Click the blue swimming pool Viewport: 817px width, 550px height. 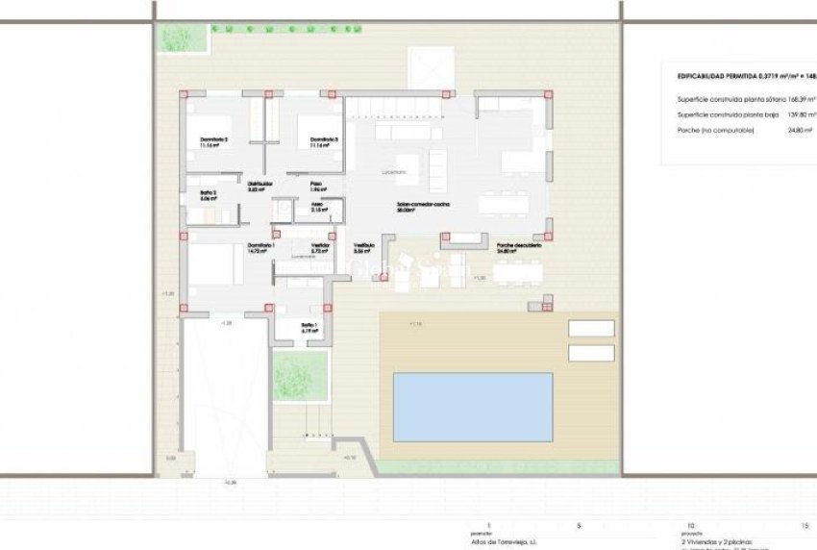pyautogui.click(x=472, y=407)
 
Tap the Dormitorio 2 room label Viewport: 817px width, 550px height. pyautogui.click(x=214, y=141)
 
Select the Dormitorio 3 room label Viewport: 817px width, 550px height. pyautogui.click(x=325, y=141)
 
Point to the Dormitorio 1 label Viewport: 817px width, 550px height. pyautogui.click(x=261, y=246)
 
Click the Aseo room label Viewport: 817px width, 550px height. pyautogui.click(x=316, y=205)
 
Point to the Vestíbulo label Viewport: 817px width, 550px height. pyautogui.click(x=364, y=247)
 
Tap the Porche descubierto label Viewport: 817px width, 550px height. pyautogui.click(x=519, y=247)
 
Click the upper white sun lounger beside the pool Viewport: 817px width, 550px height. pyautogui.click(x=591, y=328)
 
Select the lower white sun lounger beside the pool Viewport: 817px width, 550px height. pyautogui.click(x=591, y=353)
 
